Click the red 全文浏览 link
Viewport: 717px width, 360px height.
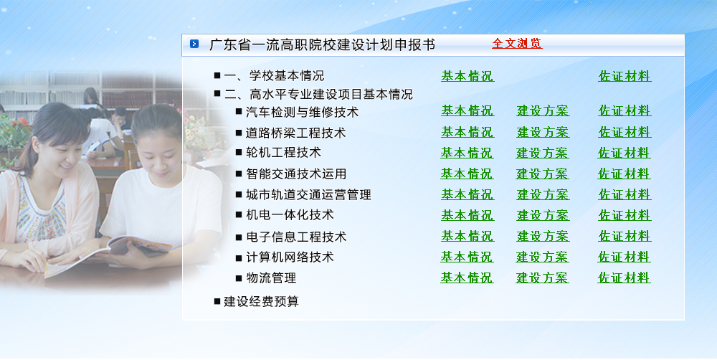pos(517,44)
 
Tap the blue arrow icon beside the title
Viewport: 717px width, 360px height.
pos(194,44)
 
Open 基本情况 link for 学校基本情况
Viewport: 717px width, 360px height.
pos(467,76)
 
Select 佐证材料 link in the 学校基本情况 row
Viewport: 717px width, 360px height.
pos(625,76)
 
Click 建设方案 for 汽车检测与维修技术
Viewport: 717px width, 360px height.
pos(543,110)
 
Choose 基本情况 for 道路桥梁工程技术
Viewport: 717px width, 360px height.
pos(467,132)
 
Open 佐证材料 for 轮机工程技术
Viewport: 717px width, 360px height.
pos(625,153)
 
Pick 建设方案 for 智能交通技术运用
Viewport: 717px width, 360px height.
pos(542,174)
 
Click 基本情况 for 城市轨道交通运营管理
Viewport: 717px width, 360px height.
pos(467,194)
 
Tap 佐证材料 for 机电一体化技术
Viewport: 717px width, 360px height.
pos(625,215)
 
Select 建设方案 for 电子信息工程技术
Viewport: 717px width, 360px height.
pos(543,236)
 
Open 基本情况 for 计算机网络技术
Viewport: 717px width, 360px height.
pos(467,257)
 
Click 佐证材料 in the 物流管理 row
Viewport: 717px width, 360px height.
pos(625,278)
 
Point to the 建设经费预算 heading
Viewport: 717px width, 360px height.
pos(261,301)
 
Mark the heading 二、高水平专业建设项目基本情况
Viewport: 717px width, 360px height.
pos(318,94)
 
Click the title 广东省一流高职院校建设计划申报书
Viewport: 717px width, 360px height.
pos(322,44)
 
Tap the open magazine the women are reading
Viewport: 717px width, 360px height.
pos(109,255)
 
